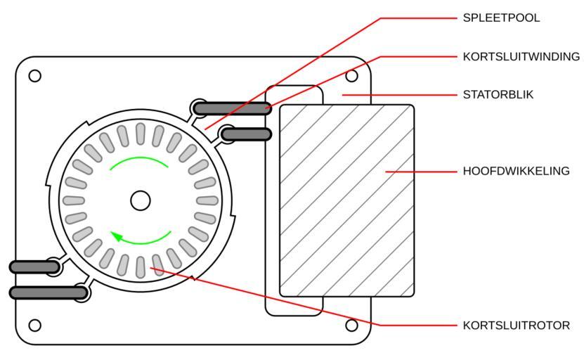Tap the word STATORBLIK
coord(498,94)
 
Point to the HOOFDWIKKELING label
coord(516,171)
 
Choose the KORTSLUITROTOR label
coord(516,326)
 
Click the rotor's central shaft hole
coord(141,200)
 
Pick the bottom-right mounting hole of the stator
coord(352,325)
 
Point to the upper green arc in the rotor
coord(138,160)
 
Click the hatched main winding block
coord(346,200)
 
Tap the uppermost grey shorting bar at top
coord(233,108)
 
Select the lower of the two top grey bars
coord(245,134)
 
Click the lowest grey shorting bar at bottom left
coord(48,292)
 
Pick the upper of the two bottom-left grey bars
coord(34,267)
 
